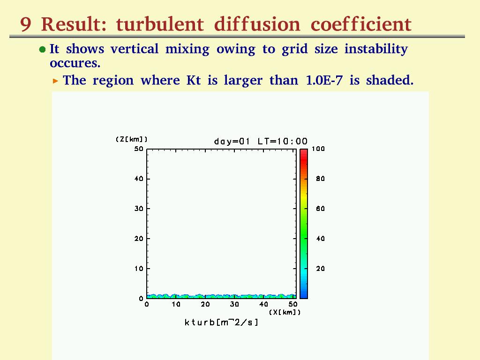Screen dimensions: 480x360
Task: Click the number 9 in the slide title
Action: (x=26, y=24)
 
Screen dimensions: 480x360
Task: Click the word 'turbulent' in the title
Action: (x=160, y=24)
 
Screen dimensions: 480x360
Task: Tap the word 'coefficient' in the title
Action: (x=361, y=24)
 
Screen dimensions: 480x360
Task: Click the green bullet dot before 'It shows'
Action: (x=43, y=49)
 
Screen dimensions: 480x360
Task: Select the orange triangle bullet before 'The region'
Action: (x=55, y=81)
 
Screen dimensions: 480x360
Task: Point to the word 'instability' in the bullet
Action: (x=376, y=49)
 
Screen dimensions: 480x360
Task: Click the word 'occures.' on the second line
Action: (x=75, y=63)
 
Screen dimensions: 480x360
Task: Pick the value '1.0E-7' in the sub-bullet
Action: (x=324, y=80)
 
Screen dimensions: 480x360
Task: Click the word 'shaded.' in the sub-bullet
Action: (x=390, y=80)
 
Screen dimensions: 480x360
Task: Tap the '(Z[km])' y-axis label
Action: (x=132, y=139)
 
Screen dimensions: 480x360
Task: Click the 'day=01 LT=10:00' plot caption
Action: (x=261, y=142)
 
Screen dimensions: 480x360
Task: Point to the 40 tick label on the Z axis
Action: (x=139, y=179)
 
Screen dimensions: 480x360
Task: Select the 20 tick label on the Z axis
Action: (x=139, y=239)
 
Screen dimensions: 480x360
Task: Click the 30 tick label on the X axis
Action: (x=234, y=304)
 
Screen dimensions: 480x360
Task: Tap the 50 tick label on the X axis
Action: (x=293, y=304)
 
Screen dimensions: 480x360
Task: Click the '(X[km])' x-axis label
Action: (x=285, y=312)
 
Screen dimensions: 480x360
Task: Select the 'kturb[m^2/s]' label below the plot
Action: (x=222, y=322)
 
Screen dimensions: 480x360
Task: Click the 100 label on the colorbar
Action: (x=318, y=149)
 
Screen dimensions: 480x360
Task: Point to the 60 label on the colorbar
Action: (x=321, y=209)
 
